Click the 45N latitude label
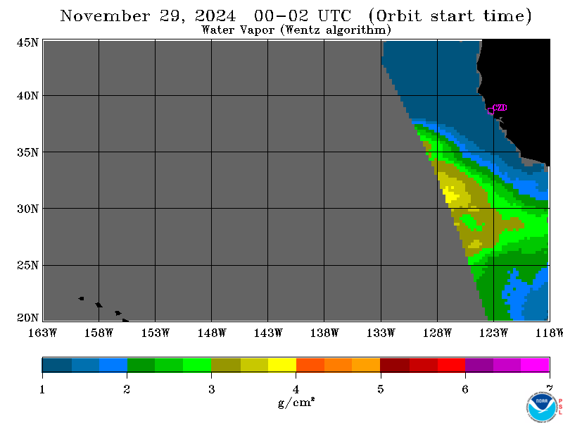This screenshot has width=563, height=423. click(27, 42)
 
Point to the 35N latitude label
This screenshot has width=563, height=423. click(27, 152)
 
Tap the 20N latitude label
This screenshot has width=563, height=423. click(27, 318)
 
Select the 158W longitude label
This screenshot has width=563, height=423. click(99, 333)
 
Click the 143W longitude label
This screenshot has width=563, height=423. click(268, 333)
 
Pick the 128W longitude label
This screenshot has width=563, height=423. click(437, 333)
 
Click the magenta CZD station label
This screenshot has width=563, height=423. click(500, 108)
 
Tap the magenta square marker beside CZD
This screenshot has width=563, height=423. click(491, 111)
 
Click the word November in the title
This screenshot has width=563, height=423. click(105, 16)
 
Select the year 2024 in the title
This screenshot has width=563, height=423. click(215, 16)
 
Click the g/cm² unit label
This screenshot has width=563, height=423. click(296, 402)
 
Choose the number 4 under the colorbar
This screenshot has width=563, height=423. click(296, 389)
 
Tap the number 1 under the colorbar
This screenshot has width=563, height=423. click(42, 389)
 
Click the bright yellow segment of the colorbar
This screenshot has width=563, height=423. click(282, 364)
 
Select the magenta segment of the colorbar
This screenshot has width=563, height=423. click(535, 364)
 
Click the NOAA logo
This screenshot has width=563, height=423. click(541, 407)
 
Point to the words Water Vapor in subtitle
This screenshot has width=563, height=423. click(238, 30)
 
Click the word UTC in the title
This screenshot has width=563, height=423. click(334, 16)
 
